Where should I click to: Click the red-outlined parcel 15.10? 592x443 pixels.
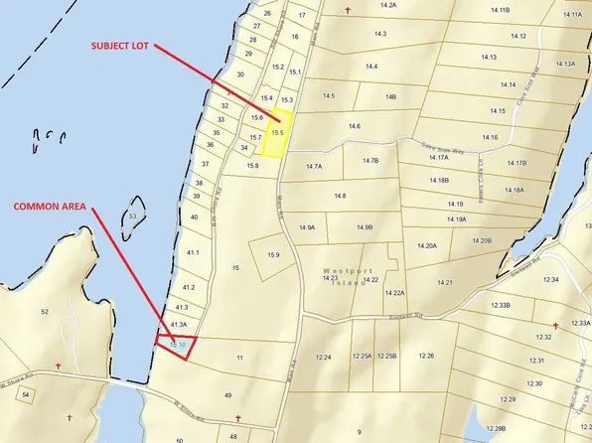[177, 346]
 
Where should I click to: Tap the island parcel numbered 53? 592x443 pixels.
[132, 215]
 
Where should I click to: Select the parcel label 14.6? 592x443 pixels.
[355, 126]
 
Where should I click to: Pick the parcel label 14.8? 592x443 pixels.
[340, 197]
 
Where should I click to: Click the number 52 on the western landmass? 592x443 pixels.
[44, 312]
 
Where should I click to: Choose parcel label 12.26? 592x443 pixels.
[426, 356]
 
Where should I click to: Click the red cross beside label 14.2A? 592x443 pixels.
[348, 11]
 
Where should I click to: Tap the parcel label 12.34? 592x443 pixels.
[551, 280]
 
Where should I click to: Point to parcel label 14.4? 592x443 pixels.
[371, 66]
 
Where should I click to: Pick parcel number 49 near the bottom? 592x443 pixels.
[227, 395]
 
